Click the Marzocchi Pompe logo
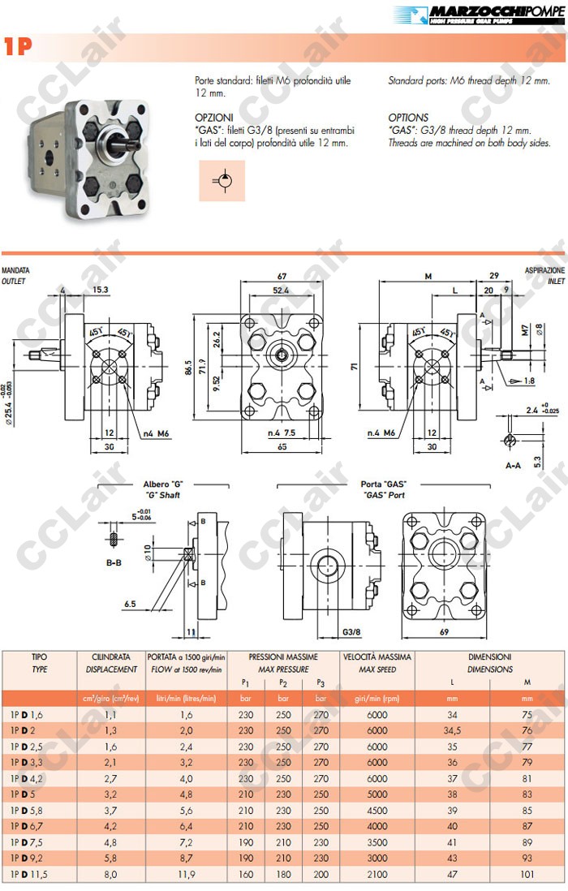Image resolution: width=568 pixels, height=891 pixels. click(x=478, y=15)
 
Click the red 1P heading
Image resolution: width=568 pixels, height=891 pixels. click(x=17, y=46)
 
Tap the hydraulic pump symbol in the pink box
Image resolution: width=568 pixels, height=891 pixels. click(x=222, y=180)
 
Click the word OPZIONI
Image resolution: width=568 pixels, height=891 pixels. click(x=213, y=118)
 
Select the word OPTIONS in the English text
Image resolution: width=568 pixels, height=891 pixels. click(x=408, y=118)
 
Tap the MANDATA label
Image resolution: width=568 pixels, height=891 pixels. click(x=15, y=270)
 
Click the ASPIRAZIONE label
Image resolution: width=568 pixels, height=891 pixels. click(x=544, y=270)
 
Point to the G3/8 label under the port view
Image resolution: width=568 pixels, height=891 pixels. click(x=351, y=631)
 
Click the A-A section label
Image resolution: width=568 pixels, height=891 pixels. click(x=512, y=466)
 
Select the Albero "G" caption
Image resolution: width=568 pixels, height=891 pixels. click(x=158, y=484)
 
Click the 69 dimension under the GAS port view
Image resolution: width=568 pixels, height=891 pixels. click(x=444, y=631)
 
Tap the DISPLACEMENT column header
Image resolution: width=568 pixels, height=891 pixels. click(x=111, y=669)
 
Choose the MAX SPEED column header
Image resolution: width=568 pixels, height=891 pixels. click(x=368, y=669)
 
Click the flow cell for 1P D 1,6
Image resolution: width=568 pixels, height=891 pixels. click(x=186, y=714)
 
